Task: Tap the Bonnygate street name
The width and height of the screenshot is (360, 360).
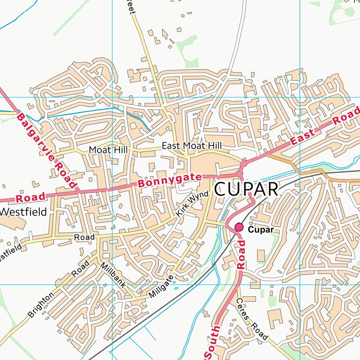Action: click(x=169, y=180)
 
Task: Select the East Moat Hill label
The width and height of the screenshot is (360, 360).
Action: click(x=191, y=146)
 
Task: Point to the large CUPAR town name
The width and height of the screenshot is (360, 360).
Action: click(x=246, y=189)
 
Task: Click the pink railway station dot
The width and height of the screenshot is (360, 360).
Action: click(x=240, y=227)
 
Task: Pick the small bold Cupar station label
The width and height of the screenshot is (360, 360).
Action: click(x=260, y=230)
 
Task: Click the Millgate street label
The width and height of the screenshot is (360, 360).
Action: click(x=161, y=287)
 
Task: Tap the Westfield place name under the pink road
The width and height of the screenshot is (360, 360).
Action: click(x=23, y=212)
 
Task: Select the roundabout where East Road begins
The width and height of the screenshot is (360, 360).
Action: click(x=244, y=164)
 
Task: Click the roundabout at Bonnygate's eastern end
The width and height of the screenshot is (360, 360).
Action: click(x=240, y=174)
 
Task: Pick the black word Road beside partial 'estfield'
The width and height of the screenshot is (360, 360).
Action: click(x=84, y=238)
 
